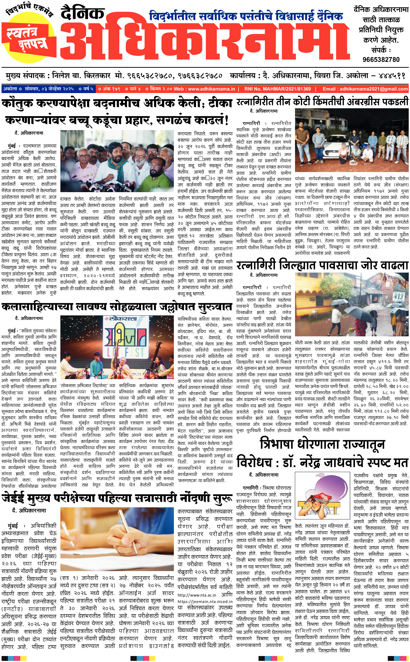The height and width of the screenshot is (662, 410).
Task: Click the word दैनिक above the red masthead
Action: [82, 13]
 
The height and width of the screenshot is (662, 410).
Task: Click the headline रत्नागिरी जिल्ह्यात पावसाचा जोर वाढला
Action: [322, 265]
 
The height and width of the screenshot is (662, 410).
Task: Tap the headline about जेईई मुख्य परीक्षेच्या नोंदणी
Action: [117, 498]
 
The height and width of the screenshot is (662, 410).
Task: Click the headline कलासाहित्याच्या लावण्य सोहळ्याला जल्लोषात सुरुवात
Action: [117, 307]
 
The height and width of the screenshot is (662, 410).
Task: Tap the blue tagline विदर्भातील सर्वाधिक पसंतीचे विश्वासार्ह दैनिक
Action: [246, 16]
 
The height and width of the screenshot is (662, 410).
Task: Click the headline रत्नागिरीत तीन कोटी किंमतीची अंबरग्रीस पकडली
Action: [322, 102]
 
